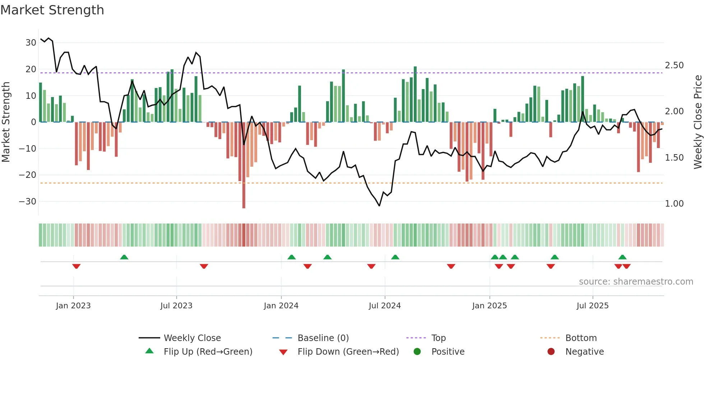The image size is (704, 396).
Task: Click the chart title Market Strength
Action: tap(52, 10)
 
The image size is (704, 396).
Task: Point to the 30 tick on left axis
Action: tap(31, 43)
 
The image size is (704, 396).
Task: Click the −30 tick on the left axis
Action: tap(28, 202)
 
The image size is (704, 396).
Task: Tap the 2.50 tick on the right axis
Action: tap(674, 65)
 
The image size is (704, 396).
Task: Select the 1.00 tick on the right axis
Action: tap(674, 204)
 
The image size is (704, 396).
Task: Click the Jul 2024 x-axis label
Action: tap(385, 306)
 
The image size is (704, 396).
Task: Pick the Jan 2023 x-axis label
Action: tap(73, 306)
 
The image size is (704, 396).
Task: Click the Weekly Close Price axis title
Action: tap(698, 122)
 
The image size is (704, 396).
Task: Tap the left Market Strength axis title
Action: tap(6, 122)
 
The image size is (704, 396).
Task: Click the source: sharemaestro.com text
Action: tap(636, 282)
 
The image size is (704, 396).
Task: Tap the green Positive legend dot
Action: tap(417, 351)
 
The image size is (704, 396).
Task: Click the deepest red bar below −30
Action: tap(244, 201)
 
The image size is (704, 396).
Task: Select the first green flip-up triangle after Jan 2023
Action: tap(124, 257)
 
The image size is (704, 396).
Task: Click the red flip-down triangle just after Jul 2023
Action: tap(204, 266)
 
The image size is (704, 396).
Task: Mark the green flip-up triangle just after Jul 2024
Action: tap(395, 257)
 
